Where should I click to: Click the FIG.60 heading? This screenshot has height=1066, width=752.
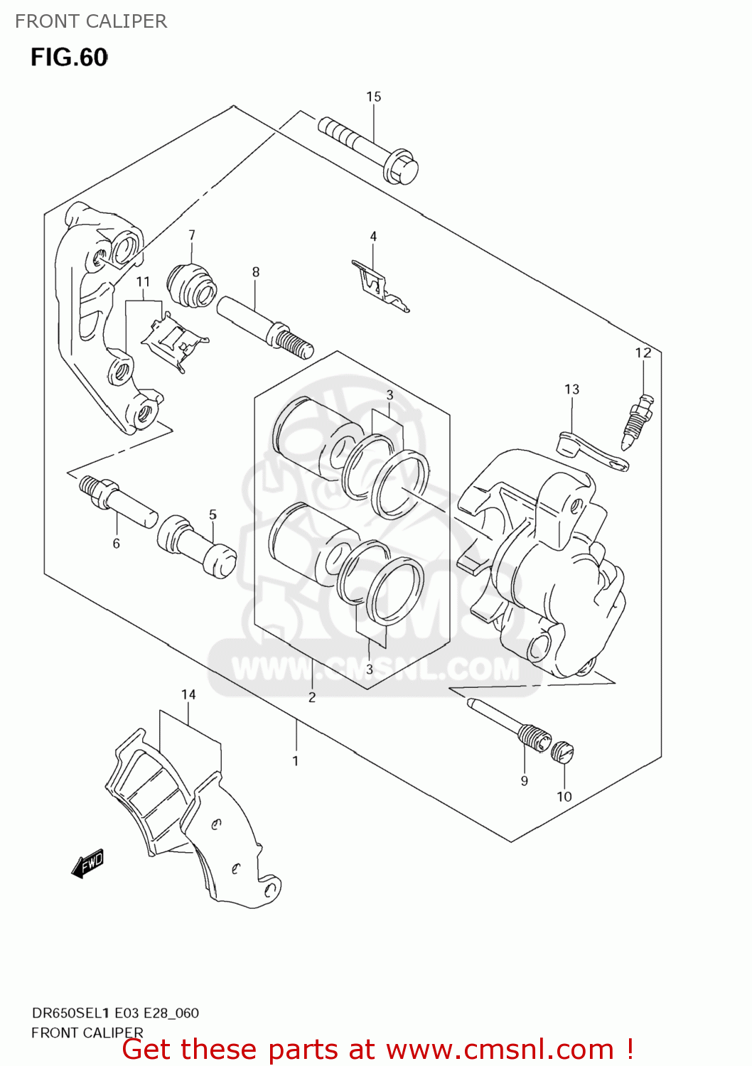point(69,58)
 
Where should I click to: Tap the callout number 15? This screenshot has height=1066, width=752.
point(374,97)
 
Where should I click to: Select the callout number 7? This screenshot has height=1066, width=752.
point(192,235)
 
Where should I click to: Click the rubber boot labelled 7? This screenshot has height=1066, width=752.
point(191,284)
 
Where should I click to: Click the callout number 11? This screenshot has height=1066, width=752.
point(143,282)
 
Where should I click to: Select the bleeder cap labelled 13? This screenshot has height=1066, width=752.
point(591,453)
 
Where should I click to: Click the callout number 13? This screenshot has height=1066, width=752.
point(572,389)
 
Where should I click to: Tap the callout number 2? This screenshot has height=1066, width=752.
point(312,698)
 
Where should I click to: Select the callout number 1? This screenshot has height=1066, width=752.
point(296,761)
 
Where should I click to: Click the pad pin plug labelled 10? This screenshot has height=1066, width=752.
point(563,752)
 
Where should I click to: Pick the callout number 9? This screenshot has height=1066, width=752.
point(525,781)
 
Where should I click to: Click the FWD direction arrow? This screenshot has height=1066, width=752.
point(89,864)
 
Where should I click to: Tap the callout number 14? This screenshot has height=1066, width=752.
point(188,694)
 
